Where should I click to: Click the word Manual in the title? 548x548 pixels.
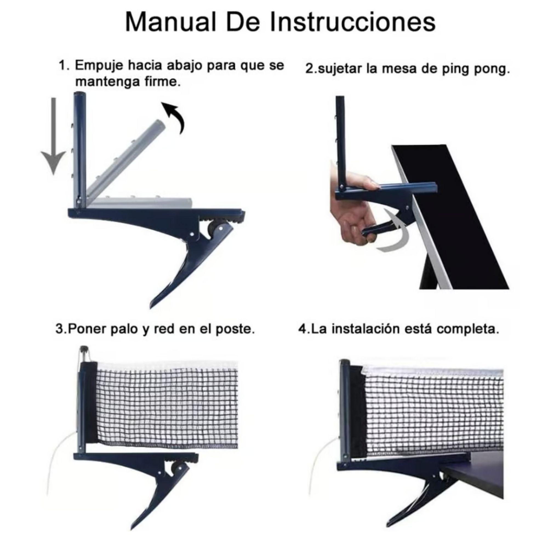coord(170,22)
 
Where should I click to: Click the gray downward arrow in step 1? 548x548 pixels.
coord(53,136)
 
